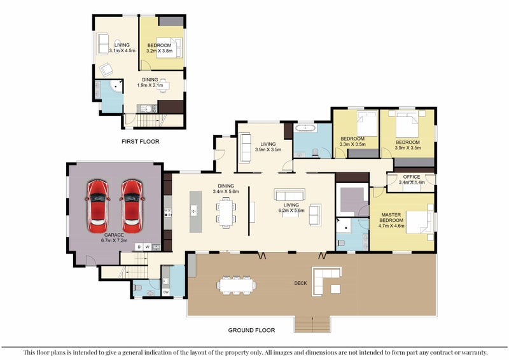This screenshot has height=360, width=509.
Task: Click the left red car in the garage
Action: (x=98, y=207)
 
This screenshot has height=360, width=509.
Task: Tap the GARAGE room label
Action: (x=114, y=235)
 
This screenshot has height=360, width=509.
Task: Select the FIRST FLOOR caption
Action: (x=140, y=142)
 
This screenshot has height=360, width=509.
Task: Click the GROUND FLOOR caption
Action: (x=251, y=330)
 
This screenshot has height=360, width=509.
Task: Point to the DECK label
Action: (x=300, y=283)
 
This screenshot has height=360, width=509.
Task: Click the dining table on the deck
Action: (x=236, y=286)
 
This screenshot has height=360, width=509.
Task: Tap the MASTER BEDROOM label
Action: (x=391, y=218)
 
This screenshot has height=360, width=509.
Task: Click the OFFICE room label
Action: (x=412, y=177)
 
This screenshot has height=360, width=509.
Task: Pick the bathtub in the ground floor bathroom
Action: (x=305, y=128)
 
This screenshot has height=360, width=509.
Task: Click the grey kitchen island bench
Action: (x=195, y=212)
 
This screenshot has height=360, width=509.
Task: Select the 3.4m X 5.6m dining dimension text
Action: (x=226, y=191)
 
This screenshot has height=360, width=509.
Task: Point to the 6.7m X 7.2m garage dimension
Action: (x=114, y=240)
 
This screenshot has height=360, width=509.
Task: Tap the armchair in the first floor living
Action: (x=106, y=69)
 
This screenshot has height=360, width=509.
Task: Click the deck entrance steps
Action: (x=312, y=324)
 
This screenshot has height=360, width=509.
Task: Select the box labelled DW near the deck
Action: (x=166, y=292)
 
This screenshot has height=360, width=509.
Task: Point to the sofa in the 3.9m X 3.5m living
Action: (x=245, y=148)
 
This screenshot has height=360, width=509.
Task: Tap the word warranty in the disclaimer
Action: (x=475, y=352)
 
